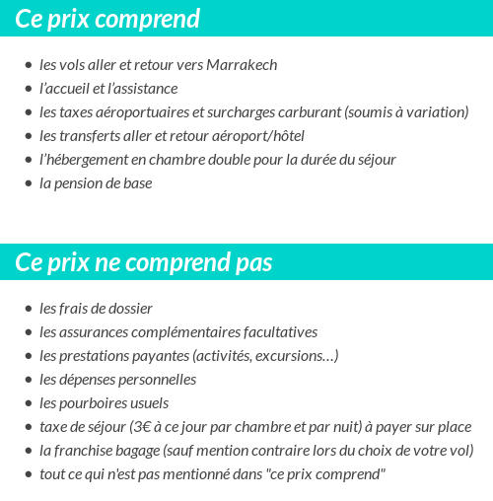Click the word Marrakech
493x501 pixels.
(x=242, y=65)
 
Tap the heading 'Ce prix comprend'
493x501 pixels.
(x=107, y=19)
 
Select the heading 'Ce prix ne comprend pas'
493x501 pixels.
(x=144, y=263)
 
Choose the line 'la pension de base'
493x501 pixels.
(x=96, y=183)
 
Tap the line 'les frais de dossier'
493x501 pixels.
(x=96, y=309)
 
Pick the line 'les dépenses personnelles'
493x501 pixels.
(x=117, y=380)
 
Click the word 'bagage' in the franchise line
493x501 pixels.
(x=137, y=451)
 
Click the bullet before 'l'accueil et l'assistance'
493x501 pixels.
(x=28, y=90)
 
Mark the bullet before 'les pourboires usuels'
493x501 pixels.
(x=28, y=404)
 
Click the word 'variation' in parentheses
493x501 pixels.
(x=434, y=112)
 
